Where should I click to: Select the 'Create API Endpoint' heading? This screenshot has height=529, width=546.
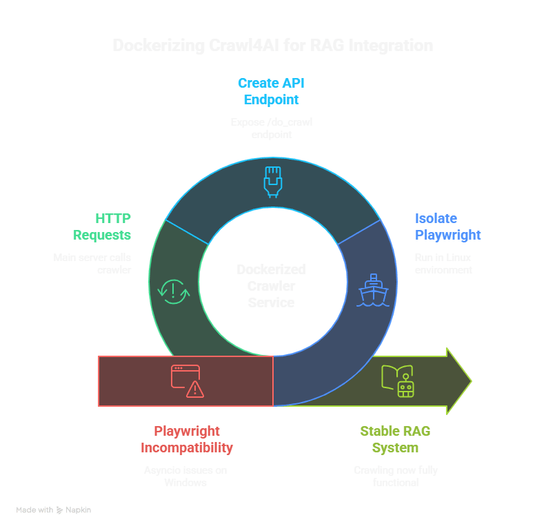(x=271, y=91)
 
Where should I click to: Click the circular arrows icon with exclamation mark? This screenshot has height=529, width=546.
(x=173, y=291)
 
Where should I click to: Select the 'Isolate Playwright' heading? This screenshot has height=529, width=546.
(x=447, y=227)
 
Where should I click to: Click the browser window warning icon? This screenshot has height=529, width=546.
(x=188, y=381)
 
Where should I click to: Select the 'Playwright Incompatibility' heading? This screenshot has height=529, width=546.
(x=187, y=439)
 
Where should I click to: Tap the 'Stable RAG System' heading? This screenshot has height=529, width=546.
(x=395, y=439)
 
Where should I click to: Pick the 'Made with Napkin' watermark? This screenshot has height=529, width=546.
(x=54, y=510)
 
